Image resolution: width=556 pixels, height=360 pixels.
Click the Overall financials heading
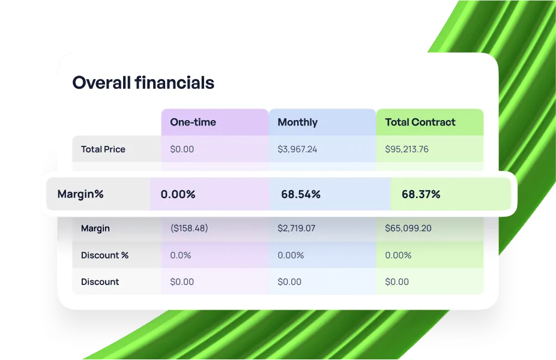pyautogui.click(x=144, y=83)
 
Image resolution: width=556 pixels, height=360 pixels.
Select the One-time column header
pyautogui.click(x=193, y=122)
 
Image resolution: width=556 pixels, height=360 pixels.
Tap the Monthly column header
pyautogui.click(x=297, y=122)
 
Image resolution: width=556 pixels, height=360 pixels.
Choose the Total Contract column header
pyautogui.click(x=420, y=122)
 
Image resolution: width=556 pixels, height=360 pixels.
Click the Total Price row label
pyautogui.click(x=103, y=149)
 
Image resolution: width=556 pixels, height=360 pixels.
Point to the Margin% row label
pyautogui.click(x=80, y=194)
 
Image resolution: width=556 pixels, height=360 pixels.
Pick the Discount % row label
pyautogui.click(x=104, y=255)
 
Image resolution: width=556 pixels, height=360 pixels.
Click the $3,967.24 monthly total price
pyautogui.click(x=297, y=149)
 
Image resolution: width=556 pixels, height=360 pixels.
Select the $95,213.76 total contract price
pyautogui.click(x=406, y=149)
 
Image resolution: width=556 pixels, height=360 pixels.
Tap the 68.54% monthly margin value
pyautogui.click(x=301, y=194)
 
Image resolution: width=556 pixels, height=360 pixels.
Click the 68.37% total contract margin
pyautogui.click(x=421, y=194)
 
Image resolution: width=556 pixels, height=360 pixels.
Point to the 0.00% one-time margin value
pyautogui.click(x=178, y=194)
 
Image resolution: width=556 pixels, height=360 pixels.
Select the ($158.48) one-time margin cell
pyautogui.click(x=189, y=228)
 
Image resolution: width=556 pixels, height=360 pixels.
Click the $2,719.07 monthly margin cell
pyautogui.click(x=297, y=228)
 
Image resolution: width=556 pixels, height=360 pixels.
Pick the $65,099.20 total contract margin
pyautogui.click(x=408, y=228)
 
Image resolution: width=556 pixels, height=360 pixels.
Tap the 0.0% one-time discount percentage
pyautogui.click(x=181, y=255)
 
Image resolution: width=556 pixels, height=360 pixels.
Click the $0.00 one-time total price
pyautogui.click(x=182, y=149)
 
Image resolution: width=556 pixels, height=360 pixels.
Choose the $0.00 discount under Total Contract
pyautogui.click(x=397, y=281)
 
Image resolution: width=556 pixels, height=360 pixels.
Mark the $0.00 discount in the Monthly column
pyautogui.click(x=289, y=281)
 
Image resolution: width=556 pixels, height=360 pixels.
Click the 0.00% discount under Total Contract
pyautogui.click(x=398, y=255)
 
